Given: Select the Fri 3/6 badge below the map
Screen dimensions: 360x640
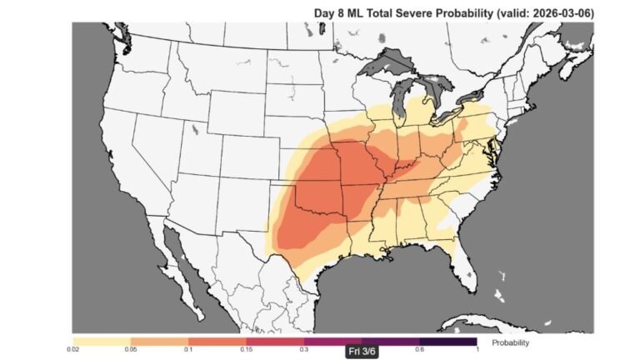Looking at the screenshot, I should point(362,351).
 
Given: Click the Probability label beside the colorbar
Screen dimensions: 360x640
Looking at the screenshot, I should point(510,342).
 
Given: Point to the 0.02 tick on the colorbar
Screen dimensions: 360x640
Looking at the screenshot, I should point(73,350).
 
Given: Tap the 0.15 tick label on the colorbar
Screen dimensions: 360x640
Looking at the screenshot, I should point(247,350).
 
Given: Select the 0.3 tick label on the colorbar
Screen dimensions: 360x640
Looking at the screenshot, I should point(304,350).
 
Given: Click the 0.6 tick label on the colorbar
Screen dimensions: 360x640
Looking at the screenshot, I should point(420,350).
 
